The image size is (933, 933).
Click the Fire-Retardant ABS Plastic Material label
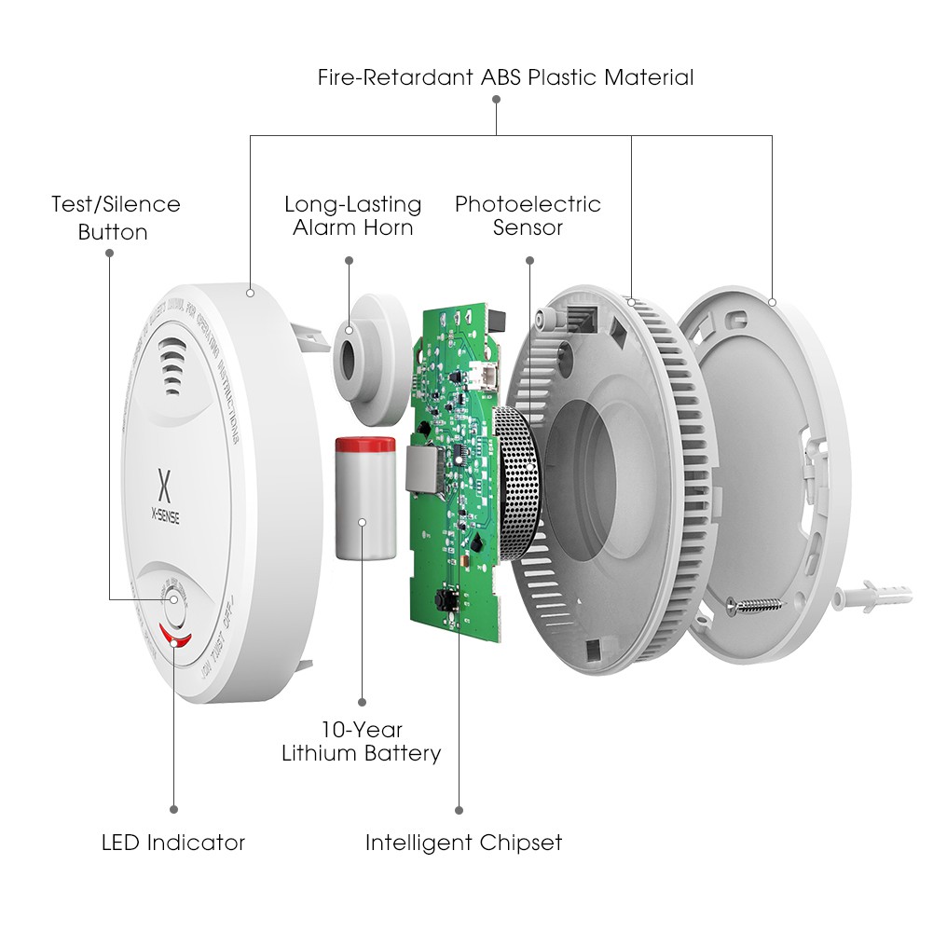point(505,77)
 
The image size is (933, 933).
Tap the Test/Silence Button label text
point(116,217)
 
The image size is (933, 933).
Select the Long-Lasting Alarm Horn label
point(352,215)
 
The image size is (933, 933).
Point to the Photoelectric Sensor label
point(528,215)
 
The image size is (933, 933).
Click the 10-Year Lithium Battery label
point(362,741)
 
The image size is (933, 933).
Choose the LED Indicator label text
point(173,844)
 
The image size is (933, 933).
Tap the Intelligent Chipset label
point(463,844)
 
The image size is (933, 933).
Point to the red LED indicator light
point(174,638)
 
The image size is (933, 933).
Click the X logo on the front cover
point(165,485)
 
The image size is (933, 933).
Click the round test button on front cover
point(174,597)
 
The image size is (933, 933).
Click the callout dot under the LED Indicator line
point(173,809)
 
